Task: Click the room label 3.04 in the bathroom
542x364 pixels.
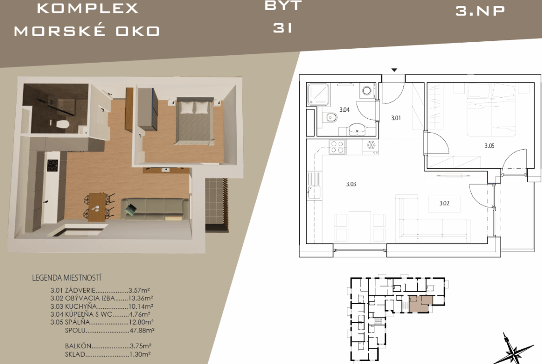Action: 344,110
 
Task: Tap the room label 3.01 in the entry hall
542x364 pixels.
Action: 396,118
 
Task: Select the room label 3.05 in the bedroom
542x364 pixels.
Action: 489,146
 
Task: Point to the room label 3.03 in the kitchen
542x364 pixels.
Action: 351,184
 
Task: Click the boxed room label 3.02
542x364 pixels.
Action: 444,204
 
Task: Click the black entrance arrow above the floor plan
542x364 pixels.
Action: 394,70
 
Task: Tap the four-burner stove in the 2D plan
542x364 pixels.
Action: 337,147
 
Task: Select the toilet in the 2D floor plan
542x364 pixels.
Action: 331,118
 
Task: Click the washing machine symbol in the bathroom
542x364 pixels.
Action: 367,91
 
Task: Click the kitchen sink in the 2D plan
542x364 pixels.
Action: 314,185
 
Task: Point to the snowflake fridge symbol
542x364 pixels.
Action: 371,145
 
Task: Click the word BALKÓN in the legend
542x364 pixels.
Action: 78,346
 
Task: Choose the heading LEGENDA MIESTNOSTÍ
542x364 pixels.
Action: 67,278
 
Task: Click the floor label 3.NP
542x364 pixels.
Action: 480,11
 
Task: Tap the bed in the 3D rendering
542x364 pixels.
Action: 195,121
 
